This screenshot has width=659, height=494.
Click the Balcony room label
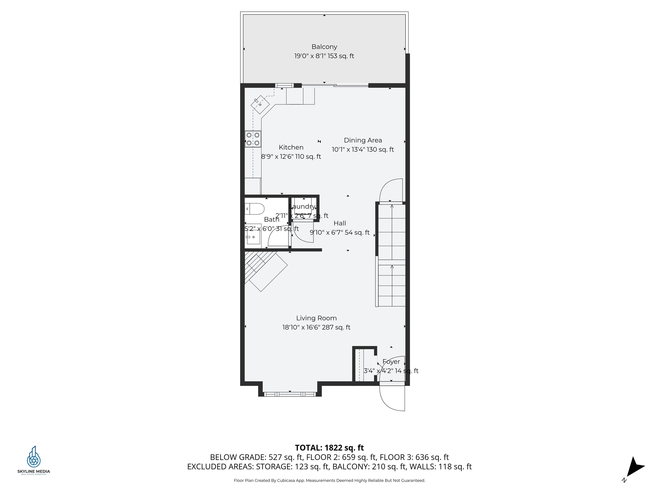pos(324,47)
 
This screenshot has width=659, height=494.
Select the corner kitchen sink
pos(260,104)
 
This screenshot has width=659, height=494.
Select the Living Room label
pos(316,318)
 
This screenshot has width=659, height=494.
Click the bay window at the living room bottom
pos(290,394)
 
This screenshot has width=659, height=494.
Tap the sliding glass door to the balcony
pos(335,86)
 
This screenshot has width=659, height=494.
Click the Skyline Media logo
pos(34,460)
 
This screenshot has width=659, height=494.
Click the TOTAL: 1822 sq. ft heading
pos(329,448)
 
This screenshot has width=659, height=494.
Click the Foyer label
pos(391,361)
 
